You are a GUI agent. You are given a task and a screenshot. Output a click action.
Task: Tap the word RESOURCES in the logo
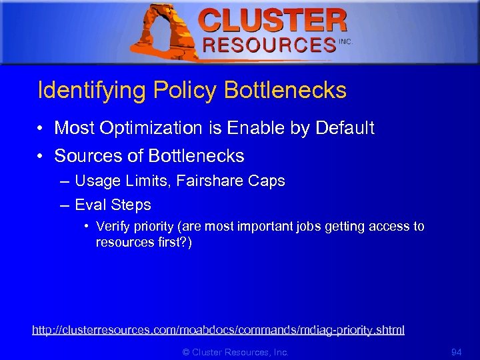tap(269, 45)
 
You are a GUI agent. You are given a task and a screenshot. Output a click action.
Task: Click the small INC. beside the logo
tap(345, 41)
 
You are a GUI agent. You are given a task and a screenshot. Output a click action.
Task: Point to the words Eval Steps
tap(113, 205)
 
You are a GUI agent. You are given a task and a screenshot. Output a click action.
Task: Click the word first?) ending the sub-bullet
tap(174, 242)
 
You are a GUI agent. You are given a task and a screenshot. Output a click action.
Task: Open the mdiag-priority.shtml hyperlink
tap(218, 330)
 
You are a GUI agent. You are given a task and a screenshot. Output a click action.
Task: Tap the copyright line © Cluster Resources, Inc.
tap(235, 351)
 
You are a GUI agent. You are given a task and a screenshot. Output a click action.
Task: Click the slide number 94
tap(456, 351)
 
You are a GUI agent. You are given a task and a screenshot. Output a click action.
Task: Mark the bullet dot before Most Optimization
tap(41, 128)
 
